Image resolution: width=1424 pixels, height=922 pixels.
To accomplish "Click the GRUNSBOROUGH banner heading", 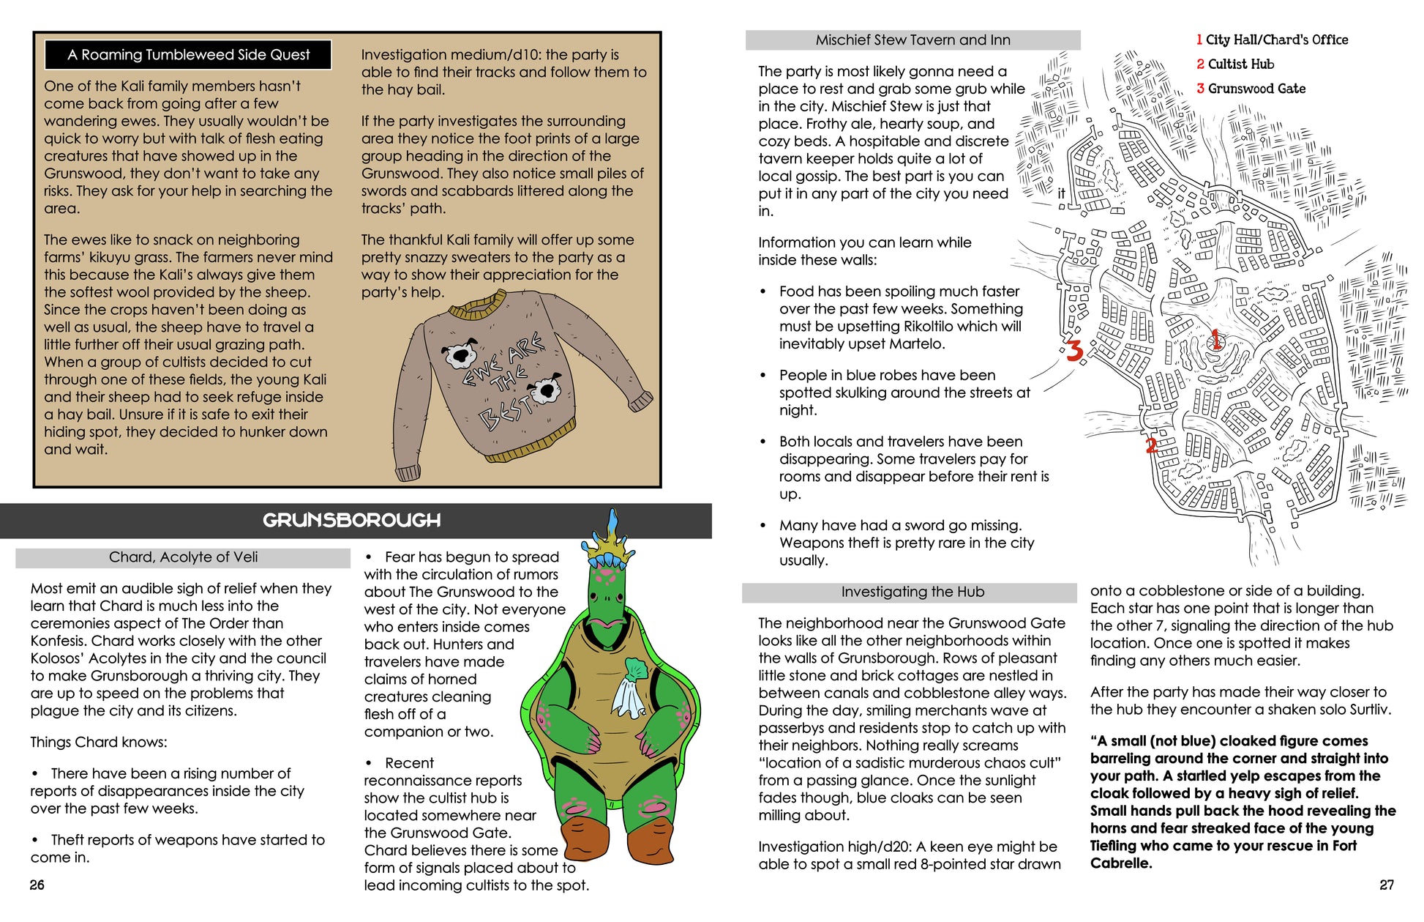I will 352,521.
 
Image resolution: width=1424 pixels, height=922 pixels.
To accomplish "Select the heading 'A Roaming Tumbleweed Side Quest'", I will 188,55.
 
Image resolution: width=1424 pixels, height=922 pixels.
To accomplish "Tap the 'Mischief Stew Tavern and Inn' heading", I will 913,40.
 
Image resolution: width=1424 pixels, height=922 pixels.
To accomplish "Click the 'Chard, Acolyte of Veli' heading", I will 183,557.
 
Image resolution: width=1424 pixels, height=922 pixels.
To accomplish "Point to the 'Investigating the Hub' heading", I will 913,592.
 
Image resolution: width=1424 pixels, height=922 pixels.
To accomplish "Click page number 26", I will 37,885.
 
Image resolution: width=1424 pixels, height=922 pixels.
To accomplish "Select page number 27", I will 1387,885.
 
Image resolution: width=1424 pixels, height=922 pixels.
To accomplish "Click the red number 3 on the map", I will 1073,352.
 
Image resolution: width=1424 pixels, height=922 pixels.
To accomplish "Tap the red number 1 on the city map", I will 1215,339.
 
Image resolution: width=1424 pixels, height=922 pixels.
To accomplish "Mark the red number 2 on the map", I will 1151,445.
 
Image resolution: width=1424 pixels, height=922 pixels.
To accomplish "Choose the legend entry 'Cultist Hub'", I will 1240,64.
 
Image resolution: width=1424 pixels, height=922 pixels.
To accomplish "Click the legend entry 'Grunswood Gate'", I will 1256,89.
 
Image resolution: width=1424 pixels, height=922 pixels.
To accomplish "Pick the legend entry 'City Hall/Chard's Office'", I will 1276,40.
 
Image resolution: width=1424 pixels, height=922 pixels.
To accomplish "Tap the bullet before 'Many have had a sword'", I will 763,526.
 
